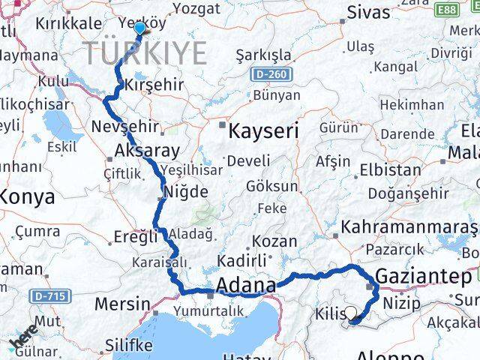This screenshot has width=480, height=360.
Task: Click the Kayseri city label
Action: pyautogui.click(x=263, y=131)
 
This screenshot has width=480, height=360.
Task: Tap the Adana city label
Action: pyautogui.click(x=246, y=285)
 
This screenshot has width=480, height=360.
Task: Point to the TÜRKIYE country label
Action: pyautogui.click(x=144, y=53)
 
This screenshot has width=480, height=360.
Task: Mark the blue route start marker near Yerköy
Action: pyautogui.click(x=139, y=27)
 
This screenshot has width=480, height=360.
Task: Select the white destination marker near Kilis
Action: pyautogui.click(x=350, y=314)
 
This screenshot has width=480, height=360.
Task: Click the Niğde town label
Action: pyautogui.click(x=186, y=192)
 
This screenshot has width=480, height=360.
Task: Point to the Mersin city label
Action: pyautogui.click(x=122, y=304)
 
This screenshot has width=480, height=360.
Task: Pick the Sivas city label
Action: pyautogui.click(x=369, y=13)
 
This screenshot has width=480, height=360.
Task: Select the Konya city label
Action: pyautogui.click(x=28, y=197)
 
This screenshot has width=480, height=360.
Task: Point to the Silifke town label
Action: pyautogui.click(x=127, y=345)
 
